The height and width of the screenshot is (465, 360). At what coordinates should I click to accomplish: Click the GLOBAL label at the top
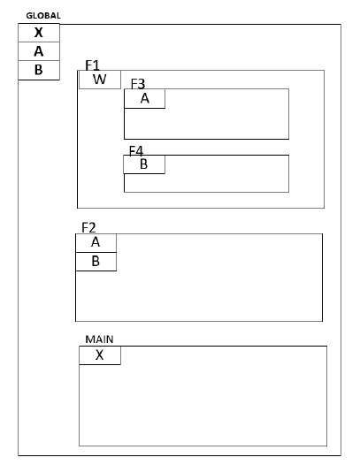click(43, 16)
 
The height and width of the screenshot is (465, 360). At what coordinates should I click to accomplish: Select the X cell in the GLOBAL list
click(38, 33)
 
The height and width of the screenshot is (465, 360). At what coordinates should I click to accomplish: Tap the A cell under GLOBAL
click(38, 51)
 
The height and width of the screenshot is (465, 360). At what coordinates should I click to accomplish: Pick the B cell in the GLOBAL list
click(38, 70)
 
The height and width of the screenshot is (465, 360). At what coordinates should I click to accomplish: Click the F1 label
click(93, 65)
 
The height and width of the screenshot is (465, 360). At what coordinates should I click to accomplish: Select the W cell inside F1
click(99, 80)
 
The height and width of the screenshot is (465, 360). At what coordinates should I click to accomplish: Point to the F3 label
click(138, 83)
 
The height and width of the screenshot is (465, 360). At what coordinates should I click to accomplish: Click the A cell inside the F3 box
click(144, 99)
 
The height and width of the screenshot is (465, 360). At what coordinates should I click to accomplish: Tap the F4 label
click(136, 151)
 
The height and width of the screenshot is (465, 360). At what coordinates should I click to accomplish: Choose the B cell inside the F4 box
click(144, 164)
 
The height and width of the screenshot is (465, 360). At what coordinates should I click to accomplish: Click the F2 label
click(88, 227)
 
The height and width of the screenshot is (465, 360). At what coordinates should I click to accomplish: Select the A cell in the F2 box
click(96, 242)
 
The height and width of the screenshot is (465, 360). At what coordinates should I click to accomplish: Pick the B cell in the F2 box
click(96, 262)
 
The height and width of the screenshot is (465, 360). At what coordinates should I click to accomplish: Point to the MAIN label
click(99, 339)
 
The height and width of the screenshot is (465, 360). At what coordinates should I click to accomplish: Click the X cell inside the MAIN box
click(100, 355)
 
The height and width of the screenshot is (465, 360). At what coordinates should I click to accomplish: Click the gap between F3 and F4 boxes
click(205, 147)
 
